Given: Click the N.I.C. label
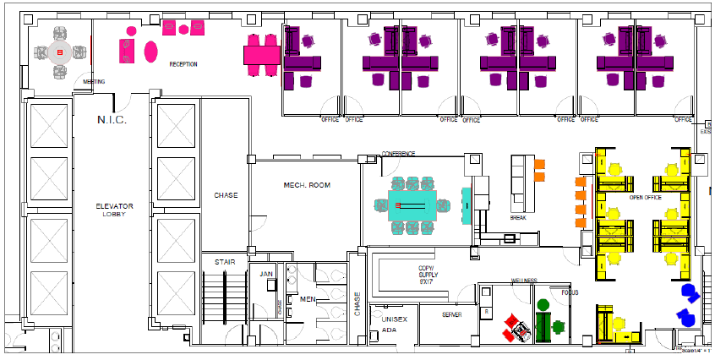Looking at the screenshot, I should tap(112, 120).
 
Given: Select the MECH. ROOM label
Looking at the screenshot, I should tap(305, 185).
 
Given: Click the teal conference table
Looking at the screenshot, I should tap(412, 205).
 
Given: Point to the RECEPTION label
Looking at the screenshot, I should tap(183, 64).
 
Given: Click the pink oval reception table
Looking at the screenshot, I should tap(151, 51).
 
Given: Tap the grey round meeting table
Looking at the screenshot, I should tap(60, 52).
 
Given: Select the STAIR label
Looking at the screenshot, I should tap(224, 262).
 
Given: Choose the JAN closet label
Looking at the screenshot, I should tap(266, 274).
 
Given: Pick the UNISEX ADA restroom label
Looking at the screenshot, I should tap(395, 325).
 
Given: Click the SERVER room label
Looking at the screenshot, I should tap(452, 314).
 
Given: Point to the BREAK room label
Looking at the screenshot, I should tap(518, 217).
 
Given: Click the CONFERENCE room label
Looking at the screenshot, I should tap(398, 154).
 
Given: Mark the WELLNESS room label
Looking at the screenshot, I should tap(524, 281).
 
